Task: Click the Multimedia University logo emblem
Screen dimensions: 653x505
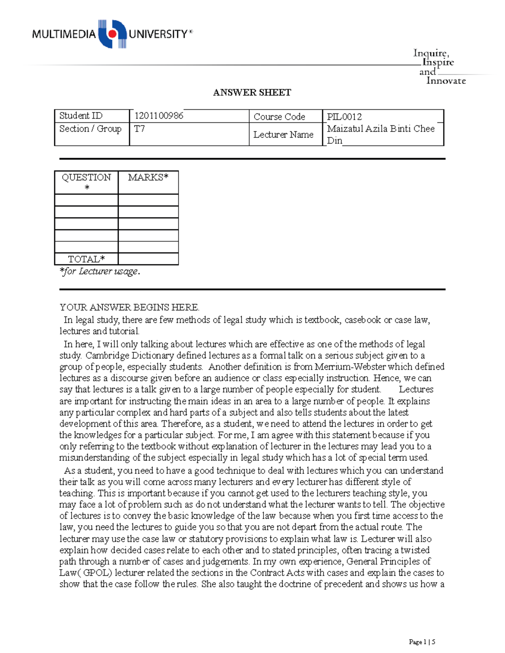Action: [112, 34]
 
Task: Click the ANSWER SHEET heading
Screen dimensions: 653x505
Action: [252, 93]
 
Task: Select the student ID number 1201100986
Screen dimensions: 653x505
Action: [159, 116]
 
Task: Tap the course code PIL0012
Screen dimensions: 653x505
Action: [344, 116]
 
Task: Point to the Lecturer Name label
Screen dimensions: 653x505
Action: [283, 135]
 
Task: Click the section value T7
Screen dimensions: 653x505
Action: [139, 129]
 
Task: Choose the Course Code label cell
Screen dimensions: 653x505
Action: [279, 116]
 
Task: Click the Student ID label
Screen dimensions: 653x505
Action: [81, 116]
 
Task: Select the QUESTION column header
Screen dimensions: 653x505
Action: [86, 177]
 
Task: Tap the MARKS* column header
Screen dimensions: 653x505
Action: [148, 177]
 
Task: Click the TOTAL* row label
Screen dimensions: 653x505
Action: [86, 259]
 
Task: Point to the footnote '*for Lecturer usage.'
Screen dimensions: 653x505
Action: [100, 271]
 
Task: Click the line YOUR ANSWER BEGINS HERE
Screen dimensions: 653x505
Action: [129, 307]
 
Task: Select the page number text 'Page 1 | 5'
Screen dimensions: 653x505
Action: [422, 642]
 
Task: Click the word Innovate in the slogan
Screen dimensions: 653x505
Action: [446, 81]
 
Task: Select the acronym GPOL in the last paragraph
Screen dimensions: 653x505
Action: [98, 573]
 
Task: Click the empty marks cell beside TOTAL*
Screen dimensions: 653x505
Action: [148, 259]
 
